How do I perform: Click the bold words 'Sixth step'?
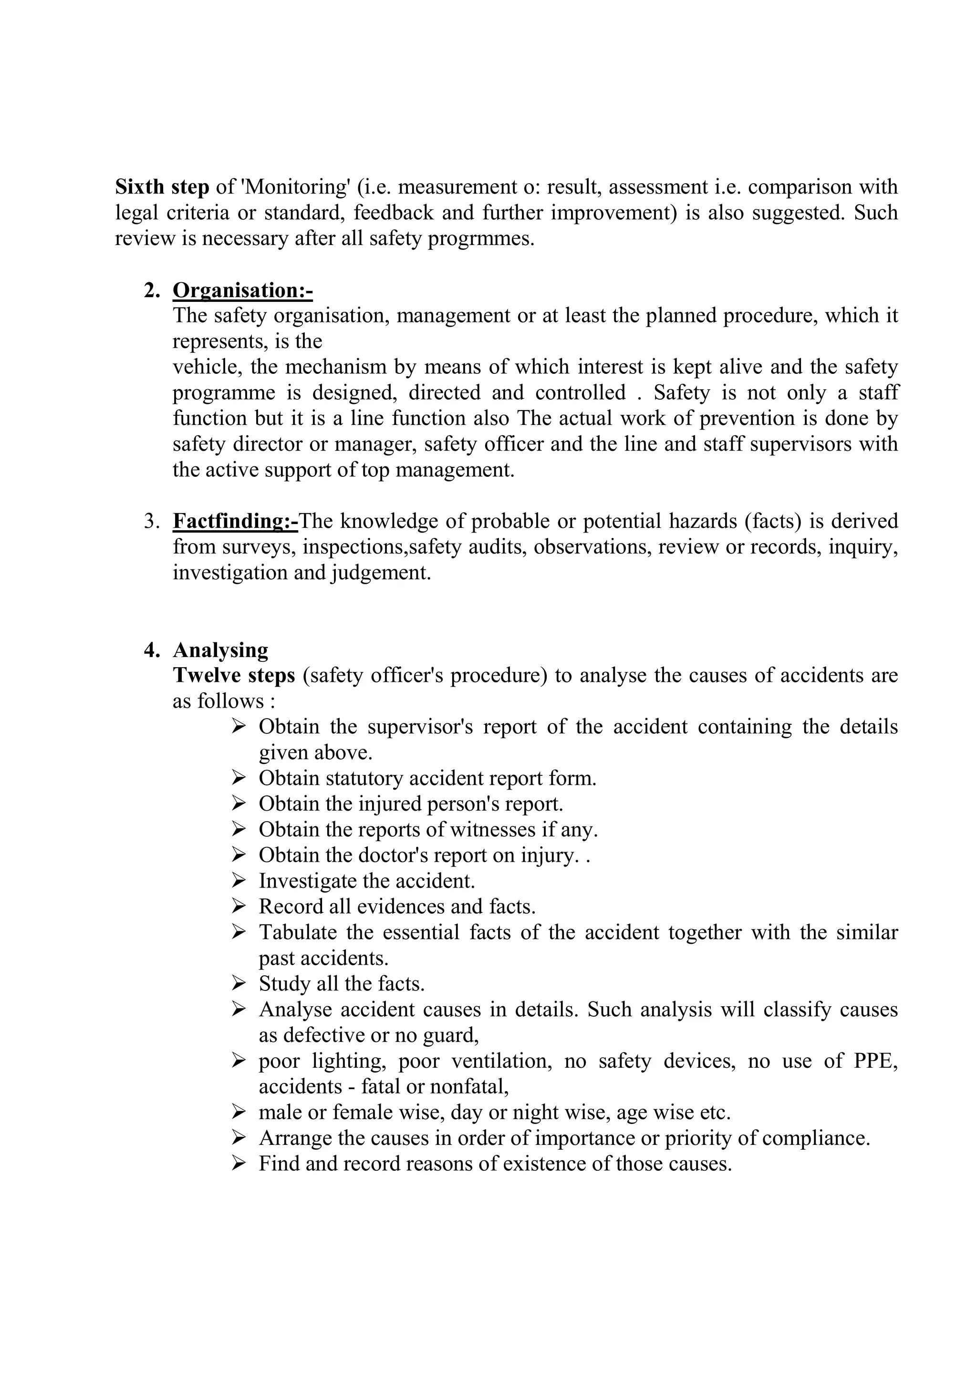point(162,187)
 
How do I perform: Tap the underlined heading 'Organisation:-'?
point(242,290)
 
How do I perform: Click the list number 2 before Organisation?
point(152,290)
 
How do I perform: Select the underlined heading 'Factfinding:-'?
point(235,521)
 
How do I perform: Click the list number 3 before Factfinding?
point(152,521)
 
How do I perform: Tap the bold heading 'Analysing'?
point(220,650)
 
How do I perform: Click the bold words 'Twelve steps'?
point(233,675)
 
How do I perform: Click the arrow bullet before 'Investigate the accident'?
point(238,881)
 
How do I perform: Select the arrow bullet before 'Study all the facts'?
point(238,983)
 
